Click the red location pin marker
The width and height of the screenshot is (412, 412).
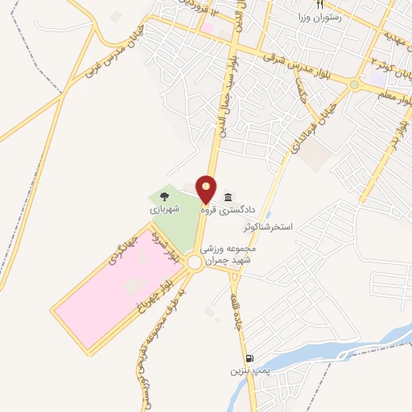tap(207, 189)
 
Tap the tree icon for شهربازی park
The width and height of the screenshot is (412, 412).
tap(163, 195)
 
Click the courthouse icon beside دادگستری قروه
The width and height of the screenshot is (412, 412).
tap(229, 198)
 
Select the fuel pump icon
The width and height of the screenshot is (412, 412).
tap(250, 359)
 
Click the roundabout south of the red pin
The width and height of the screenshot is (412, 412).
tap(194, 262)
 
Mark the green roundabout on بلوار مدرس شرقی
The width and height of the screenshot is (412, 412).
tap(354, 84)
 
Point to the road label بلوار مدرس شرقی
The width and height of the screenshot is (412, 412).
tap(299, 66)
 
